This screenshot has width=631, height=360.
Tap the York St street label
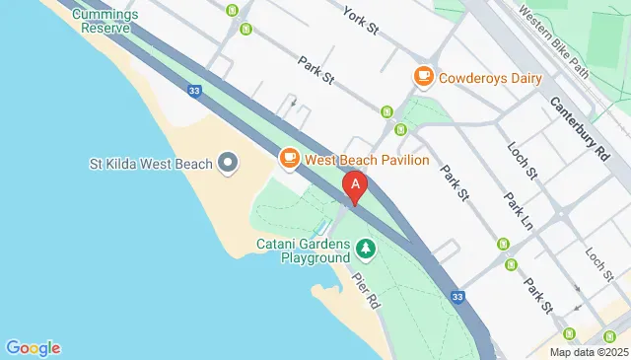(x=362, y=15)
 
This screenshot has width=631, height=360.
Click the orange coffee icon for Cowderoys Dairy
(x=423, y=76)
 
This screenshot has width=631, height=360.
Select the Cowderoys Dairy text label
(x=491, y=77)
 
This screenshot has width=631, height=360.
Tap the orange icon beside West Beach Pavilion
(x=289, y=158)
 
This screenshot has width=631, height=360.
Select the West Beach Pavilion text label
(x=366, y=159)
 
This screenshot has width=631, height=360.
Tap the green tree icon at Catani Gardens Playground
(x=366, y=249)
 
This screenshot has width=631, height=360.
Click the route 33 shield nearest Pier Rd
(x=456, y=296)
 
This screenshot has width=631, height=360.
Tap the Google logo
(x=33, y=347)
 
